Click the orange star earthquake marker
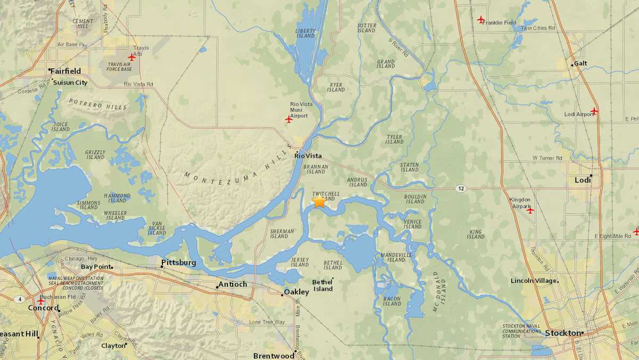click(319, 201)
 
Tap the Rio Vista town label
click(306, 156)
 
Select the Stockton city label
click(562, 333)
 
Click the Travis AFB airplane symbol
click(132, 57)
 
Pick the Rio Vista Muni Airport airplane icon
click(289, 119)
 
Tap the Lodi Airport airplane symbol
click(594, 111)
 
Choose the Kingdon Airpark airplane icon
click(530, 210)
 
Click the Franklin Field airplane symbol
click(481, 20)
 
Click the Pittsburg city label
click(179, 263)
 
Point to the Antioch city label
click(233, 284)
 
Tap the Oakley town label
click(297, 292)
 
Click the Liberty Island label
click(305, 33)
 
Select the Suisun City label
click(70, 83)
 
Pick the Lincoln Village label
click(534, 281)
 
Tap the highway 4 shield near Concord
click(20, 299)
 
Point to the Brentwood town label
click(274, 356)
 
